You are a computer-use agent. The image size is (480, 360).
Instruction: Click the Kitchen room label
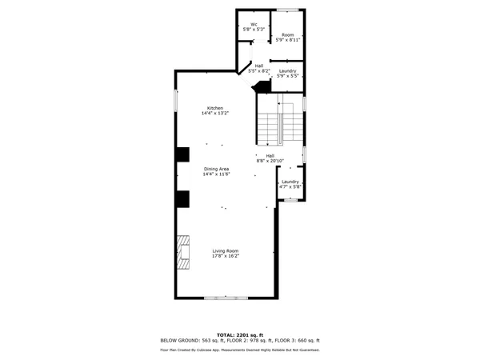215,110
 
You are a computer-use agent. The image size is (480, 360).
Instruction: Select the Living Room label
226,254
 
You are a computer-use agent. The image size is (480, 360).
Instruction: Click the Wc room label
254,27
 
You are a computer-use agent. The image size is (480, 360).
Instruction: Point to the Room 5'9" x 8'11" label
286,38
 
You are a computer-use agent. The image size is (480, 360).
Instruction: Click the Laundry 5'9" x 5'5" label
288,74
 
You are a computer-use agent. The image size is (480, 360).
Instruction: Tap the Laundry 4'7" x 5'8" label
290,185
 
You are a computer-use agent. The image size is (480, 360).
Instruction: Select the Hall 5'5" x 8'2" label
259,69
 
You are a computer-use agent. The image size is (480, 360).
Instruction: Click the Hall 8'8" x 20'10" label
270,158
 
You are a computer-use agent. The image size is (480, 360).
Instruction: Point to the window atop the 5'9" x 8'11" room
287,10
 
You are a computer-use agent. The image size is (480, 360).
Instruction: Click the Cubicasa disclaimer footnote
240,350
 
